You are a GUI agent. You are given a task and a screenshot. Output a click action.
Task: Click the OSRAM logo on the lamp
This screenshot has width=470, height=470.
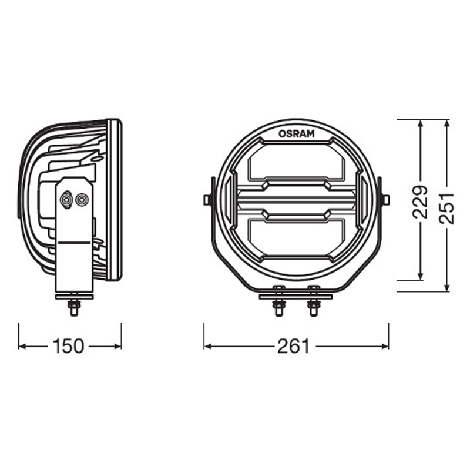pos(297,134)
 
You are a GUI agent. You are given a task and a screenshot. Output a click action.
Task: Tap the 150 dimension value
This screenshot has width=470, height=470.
pos(68,346)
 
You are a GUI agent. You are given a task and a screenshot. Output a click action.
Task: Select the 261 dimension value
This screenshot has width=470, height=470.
pos(293,346)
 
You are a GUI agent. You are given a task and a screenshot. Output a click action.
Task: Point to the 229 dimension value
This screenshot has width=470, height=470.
pos(420,202)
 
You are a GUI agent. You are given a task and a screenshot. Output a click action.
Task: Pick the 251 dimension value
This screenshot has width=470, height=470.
pos(446,209)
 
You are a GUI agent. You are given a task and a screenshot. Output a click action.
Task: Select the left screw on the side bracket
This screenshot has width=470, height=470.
pos(66,199)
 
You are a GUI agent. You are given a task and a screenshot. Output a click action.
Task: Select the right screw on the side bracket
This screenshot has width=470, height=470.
pos(82,199)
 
